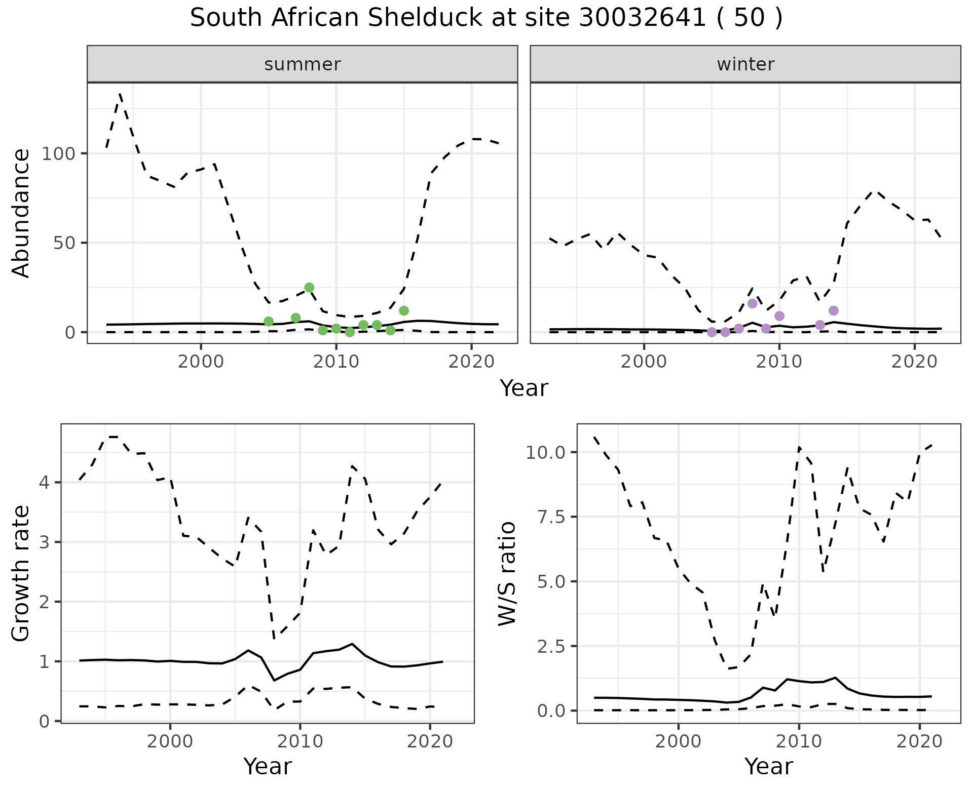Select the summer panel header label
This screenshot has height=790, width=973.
click(x=303, y=64)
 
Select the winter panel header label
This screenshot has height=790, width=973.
click(x=745, y=64)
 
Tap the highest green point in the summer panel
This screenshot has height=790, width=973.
click(x=309, y=288)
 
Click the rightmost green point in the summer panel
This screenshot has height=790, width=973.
click(x=404, y=310)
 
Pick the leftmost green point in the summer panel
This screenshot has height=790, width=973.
click(x=269, y=322)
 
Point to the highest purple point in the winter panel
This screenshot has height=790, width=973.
click(x=752, y=303)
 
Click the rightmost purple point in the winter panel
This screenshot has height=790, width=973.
click(x=834, y=310)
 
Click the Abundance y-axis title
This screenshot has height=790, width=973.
click(x=21, y=213)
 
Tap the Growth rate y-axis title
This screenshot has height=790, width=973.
click(x=21, y=574)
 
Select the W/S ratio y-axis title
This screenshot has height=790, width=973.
click(x=507, y=574)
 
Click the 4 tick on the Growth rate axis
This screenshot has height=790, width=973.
click(x=45, y=483)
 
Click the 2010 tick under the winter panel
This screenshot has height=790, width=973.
click(x=779, y=362)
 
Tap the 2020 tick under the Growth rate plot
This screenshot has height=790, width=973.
click(x=430, y=742)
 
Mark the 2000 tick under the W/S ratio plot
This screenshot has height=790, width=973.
click(x=678, y=742)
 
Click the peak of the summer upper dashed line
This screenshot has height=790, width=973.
click(x=120, y=94)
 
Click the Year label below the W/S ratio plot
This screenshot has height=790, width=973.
click(x=769, y=766)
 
